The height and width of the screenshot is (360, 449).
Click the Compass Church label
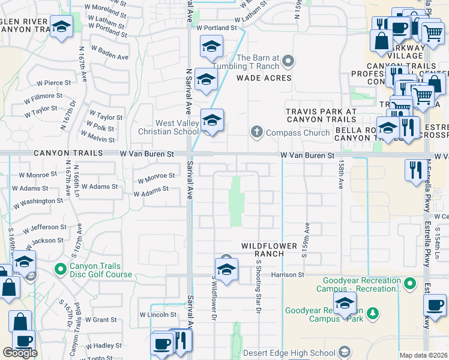tap(298, 132)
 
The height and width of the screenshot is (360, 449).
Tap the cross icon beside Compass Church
tap(256, 132)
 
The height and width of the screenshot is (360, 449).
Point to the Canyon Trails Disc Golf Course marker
tap(60, 268)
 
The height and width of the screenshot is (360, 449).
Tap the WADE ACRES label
tap(264, 78)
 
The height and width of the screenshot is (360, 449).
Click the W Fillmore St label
tap(44, 96)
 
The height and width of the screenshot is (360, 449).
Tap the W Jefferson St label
tap(46, 228)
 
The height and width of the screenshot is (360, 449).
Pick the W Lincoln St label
tap(158, 314)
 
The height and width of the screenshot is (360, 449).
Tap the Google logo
tap(20, 353)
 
